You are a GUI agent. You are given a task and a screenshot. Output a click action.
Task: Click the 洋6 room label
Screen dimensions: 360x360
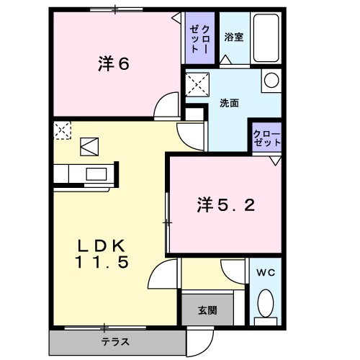pyautogui.click(x=113, y=64)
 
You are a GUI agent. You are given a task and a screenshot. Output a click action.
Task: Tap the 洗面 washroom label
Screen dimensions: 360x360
pyautogui.click(x=229, y=103)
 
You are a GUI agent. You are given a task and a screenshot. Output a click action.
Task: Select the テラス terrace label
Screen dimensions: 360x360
pyautogui.click(x=114, y=342)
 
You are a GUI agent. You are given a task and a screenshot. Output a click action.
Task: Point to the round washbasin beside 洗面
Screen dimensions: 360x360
pyautogui.click(x=269, y=81)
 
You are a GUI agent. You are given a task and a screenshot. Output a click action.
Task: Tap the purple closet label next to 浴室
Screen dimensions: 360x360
pyautogui.click(x=200, y=37)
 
